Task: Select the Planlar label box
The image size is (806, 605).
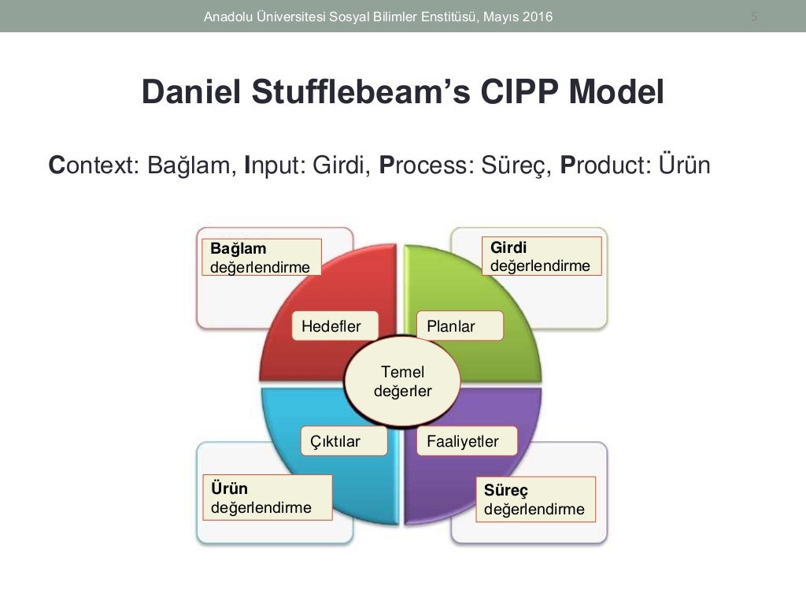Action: pyautogui.click(x=460, y=326)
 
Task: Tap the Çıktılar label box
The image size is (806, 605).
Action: pyautogui.click(x=344, y=441)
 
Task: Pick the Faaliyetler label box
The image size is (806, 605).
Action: pyautogui.click(x=467, y=441)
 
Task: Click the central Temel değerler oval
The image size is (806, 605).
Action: pyautogui.click(x=402, y=380)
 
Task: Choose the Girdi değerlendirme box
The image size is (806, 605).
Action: pyautogui.click(x=541, y=257)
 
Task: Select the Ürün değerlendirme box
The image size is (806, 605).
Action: pyautogui.click(x=267, y=498)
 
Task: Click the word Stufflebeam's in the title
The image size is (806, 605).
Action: pyautogui.click(x=346, y=93)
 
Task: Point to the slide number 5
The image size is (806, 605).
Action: pyautogui.click(x=754, y=16)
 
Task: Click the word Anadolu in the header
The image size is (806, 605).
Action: pyautogui.click(x=227, y=16)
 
